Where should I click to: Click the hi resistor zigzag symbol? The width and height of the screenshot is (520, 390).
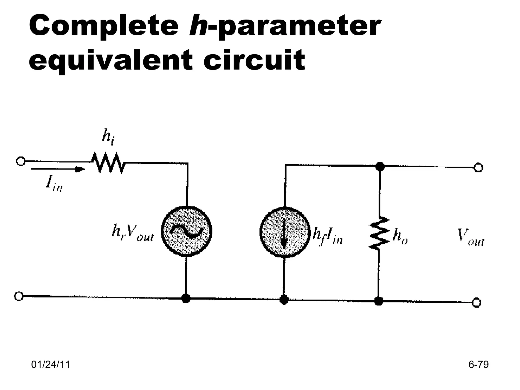click(108, 162)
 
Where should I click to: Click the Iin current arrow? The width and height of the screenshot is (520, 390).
click(58, 169)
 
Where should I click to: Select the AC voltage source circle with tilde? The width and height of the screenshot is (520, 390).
click(187, 231)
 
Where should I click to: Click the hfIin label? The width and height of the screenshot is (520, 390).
click(328, 237)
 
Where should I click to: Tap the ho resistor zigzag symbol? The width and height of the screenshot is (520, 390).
click(379, 233)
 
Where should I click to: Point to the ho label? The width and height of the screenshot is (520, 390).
click(400, 237)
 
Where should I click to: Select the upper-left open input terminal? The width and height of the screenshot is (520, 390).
click(20, 161)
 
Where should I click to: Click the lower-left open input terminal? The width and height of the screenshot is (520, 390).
click(19, 296)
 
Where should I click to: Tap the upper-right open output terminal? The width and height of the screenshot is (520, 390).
click(479, 168)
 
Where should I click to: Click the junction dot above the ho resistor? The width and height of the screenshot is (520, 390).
click(380, 167)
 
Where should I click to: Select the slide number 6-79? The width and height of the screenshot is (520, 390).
click(478, 365)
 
